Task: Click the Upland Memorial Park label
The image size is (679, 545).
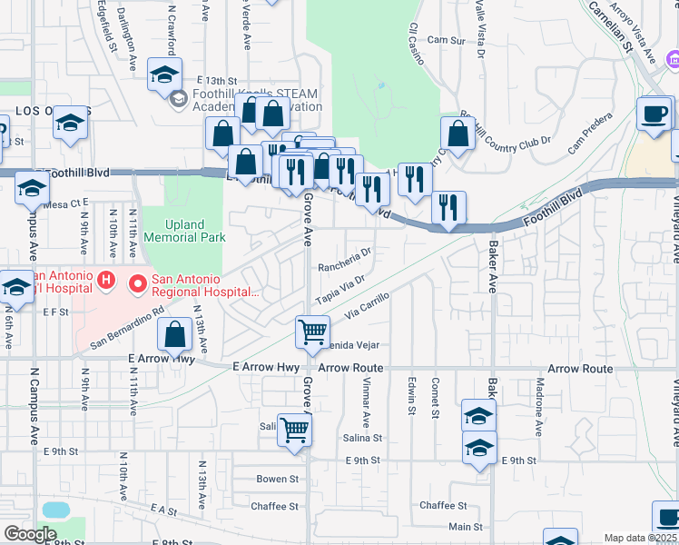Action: [183, 231]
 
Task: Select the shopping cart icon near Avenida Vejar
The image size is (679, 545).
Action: [312, 332]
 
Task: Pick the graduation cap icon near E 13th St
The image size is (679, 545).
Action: [164, 74]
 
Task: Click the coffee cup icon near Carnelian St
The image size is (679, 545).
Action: [653, 114]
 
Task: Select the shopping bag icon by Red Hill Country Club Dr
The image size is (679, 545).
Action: [458, 134]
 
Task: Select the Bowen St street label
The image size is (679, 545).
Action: [277, 479]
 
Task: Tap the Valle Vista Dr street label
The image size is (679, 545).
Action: [479, 27]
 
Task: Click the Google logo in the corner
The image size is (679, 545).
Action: [30, 534]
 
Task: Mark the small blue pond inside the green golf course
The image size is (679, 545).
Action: [380, 85]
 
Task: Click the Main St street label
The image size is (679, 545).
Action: [465, 527]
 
